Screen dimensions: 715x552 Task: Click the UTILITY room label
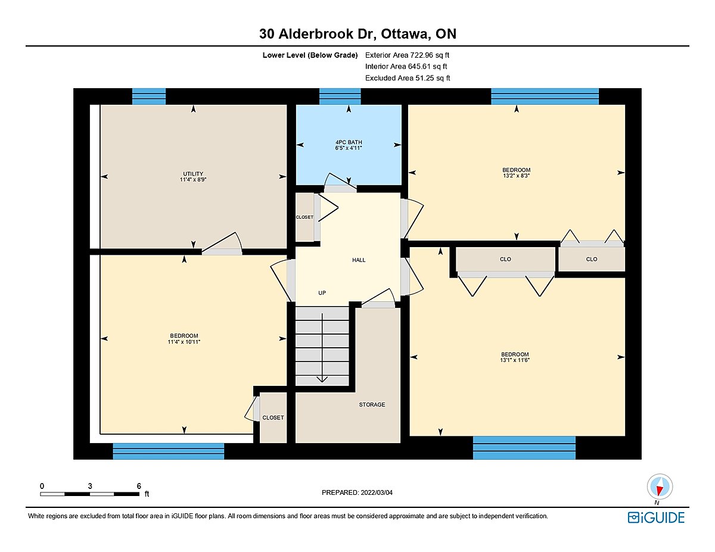click(193, 174)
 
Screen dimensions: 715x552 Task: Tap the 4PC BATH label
click(349, 142)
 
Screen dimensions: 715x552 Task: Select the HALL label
click(359, 260)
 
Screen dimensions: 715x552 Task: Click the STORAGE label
click(372, 405)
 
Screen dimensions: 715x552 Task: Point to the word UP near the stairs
click(322, 293)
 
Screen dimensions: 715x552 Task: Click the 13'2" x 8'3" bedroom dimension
click(516, 176)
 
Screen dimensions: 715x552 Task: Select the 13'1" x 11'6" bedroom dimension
click(515, 360)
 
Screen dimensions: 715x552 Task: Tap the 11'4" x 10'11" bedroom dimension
click(184, 342)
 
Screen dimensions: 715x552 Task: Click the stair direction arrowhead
click(322, 379)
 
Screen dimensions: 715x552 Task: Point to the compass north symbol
click(660, 487)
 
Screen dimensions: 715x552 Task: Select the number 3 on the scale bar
click(90, 486)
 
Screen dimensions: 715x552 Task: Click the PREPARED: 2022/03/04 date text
click(357, 492)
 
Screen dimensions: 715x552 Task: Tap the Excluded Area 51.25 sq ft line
click(408, 78)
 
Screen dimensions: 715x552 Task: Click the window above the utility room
click(149, 96)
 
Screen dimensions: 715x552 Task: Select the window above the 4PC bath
click(340, 96)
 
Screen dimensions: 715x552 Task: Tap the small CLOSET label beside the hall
click(304, 217)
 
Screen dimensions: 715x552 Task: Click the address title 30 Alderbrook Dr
click(318, 34)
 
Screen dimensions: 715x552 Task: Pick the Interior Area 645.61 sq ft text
click(406, 67)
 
